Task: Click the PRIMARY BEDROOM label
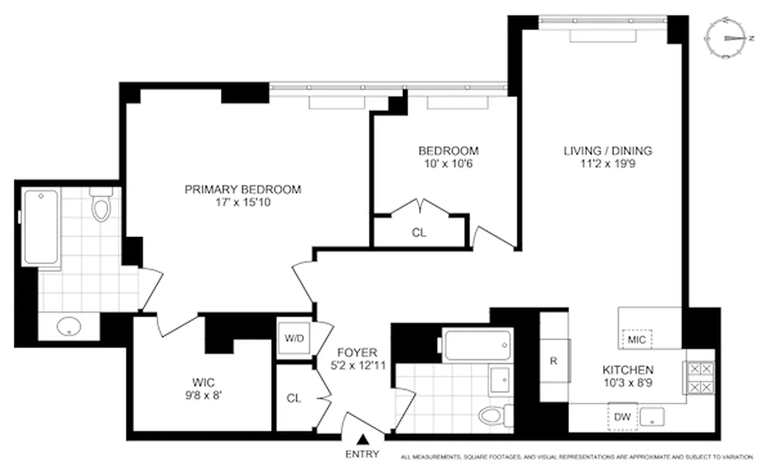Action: tap(243, 190)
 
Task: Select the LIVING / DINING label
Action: tap(608, 151)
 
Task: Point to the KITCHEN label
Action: tap(628, 369)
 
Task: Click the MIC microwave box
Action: tap(636, 340)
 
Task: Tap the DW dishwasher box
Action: tap(622, 417)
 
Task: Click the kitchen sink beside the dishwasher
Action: tap(652, 417)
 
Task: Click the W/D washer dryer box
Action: tap(294, 339)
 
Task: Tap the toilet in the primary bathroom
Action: tap(101, 204)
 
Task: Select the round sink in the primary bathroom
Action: tap(69, 325)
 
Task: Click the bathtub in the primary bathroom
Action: tap(42, 227)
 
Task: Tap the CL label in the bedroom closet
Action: tap(419, 233)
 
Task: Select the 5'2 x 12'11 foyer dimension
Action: tap(358, 366)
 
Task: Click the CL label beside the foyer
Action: tap(294, 398)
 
